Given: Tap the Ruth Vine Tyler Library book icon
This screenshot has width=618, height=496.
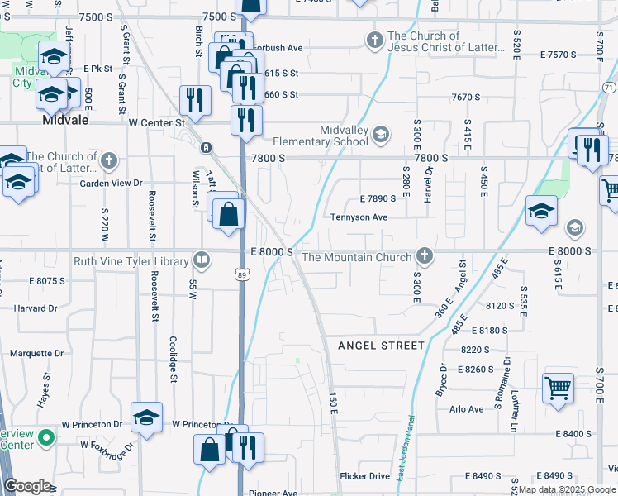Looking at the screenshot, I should click(201, 261).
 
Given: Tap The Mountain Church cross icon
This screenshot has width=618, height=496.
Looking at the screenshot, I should click(425, 257).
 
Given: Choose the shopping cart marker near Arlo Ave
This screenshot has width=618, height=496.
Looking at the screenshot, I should click(558, 387).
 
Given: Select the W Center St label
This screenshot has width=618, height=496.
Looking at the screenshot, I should click(156, 122).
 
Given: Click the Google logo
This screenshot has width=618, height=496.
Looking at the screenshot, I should click(27, 486).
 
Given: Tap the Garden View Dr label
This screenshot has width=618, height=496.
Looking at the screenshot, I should click(111, 184).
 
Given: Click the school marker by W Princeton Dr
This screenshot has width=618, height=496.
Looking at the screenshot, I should click(146, 417).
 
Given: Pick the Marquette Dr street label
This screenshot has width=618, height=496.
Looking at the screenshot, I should click(36, 353).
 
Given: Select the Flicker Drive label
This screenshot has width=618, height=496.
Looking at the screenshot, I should click(364, 476).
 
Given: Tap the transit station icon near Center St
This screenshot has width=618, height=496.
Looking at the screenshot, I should click(206, 148).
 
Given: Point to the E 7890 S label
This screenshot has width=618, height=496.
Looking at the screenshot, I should click(383, 199).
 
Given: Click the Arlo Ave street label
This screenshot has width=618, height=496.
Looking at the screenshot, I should click(467, 409).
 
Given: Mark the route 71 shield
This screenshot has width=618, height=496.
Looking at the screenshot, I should click(609, 88).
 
